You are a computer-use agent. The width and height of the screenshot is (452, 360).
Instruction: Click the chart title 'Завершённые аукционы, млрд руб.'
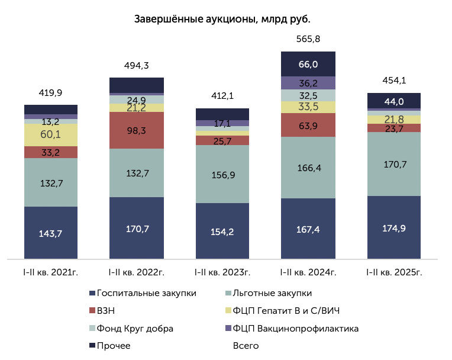click(222, 19)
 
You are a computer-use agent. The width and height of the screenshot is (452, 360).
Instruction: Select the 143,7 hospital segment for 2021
click(50, 233)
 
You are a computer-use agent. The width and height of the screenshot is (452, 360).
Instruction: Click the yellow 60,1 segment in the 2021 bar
click(50, 134)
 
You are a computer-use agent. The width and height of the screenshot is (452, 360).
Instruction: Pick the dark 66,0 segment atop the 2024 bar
click(308, 64)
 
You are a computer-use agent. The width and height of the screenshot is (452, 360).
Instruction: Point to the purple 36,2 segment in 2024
click(308, 83)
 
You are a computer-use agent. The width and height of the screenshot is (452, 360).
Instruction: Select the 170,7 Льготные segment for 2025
click(393, 163)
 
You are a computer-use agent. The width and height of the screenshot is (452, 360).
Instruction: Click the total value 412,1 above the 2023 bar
click(222, 96)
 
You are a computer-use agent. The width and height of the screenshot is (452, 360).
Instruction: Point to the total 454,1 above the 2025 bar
click(393, 81)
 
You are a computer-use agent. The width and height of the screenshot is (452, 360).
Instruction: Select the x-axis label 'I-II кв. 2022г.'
click(136, 272)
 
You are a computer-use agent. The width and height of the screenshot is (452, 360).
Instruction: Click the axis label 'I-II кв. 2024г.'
click(308, 272)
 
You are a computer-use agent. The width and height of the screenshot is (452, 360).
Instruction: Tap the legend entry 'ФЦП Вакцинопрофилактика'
click(296, 328)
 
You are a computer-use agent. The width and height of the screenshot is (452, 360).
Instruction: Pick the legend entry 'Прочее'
click(113, 345)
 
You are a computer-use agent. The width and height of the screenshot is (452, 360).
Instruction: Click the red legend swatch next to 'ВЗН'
click(92, 311)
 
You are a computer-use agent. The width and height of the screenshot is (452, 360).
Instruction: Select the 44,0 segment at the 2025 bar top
click(393, 101)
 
